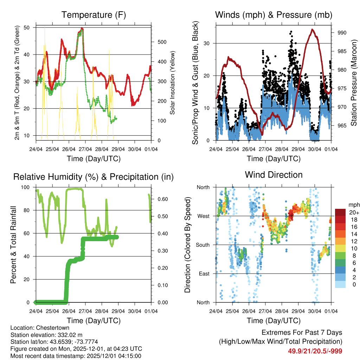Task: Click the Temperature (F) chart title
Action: pos(94,15)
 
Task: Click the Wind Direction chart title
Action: pos(274,175)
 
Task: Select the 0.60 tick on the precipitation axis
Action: pos(161,199)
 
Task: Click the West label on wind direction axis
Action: pos(204,216)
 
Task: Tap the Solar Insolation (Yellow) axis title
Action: pos(173,83)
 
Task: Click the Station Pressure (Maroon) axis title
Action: pos(354,83)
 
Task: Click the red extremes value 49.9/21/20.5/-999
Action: pos(315,351)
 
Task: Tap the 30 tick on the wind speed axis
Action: pos(210,43)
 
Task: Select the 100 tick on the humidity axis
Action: pos(28,187)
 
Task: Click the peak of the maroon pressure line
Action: pos(312,29)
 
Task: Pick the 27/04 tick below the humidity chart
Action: pos(85,311)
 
